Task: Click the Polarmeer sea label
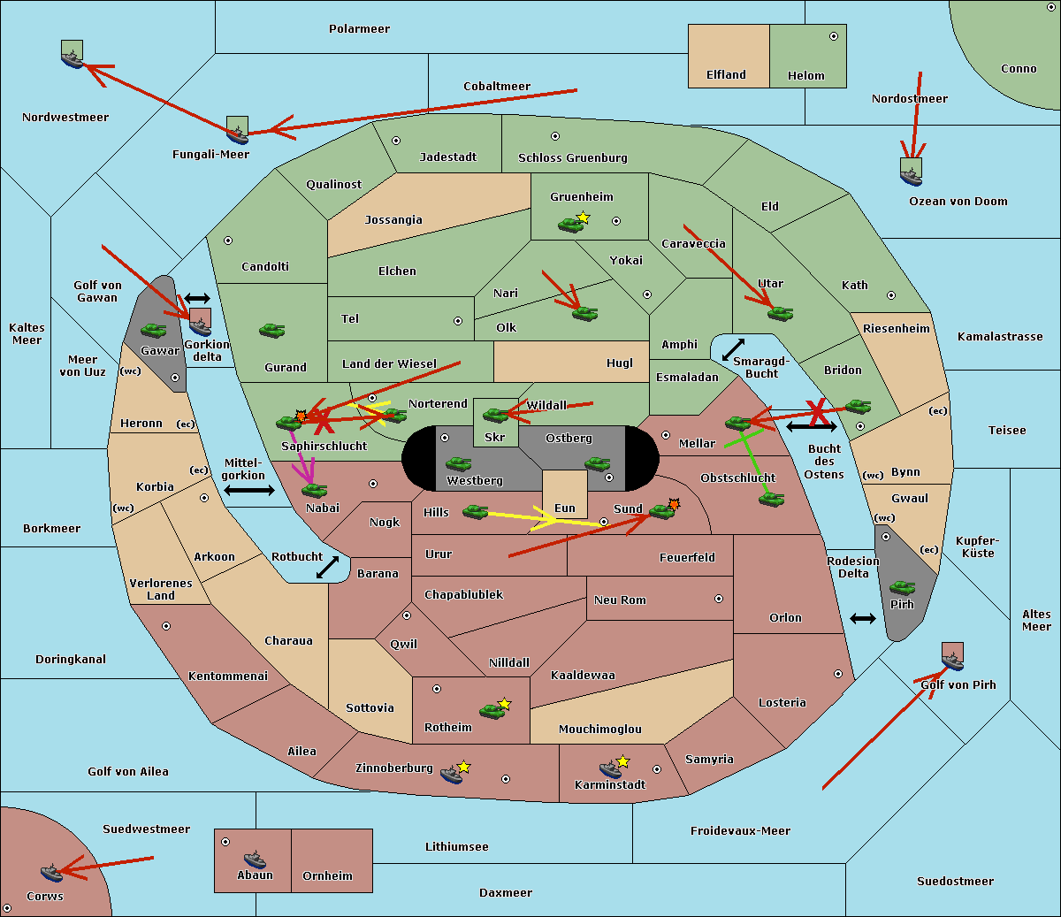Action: point(359,29)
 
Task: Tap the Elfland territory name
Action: point(726,75)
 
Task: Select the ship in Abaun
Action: point(255,860)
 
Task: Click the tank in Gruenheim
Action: point(570,225)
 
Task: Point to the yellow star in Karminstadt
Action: point(622,760)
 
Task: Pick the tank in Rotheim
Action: point(492,711)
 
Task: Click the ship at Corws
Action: point(51,873)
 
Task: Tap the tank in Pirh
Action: point(902,588)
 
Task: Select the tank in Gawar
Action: point(154,330)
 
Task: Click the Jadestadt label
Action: point(447,157)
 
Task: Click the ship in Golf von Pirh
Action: point(952,660)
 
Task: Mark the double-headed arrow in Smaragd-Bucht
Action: point(733,350)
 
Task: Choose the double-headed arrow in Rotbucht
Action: point(327,567)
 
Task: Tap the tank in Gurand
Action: point(271,330)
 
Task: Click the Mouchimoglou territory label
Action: point(599,730)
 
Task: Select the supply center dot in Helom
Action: point(833,36)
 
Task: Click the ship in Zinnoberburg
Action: point(452,776)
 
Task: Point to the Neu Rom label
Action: point(620,600)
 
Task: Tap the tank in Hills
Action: point(476,511)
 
